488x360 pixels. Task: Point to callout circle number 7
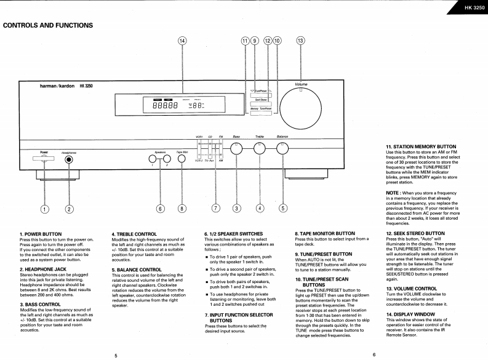[x=215, y=207]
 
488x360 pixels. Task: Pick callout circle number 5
[x=283, y=207]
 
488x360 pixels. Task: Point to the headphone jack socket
[x=69, y=160]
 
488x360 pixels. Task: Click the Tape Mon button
[x=182, y=160]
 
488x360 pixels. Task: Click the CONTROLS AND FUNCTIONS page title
[x=48, y=25]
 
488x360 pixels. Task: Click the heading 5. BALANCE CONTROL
[x=137, y=270]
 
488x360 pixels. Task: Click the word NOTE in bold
[x=394, y=193]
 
